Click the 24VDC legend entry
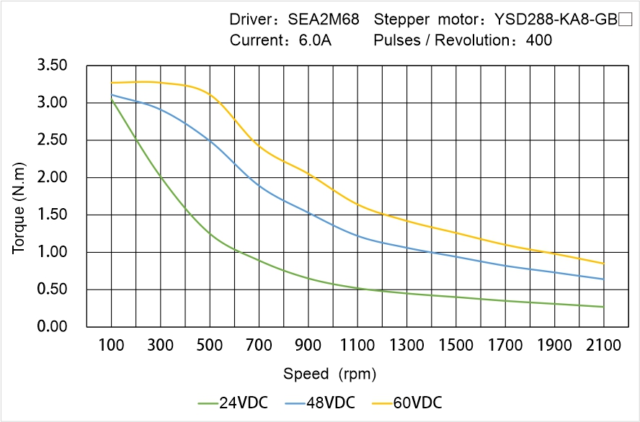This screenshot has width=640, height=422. tap(233, 403)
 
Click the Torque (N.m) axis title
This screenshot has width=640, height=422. tap(19, 196)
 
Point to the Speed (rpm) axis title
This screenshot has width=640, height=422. tap(329, 374)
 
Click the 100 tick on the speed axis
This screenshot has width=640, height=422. tap(111, 346)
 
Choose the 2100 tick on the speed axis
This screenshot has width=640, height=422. tap(603, 346)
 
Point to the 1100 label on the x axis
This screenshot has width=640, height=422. tap(357, 346)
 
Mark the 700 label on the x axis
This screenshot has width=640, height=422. tap(259, 346)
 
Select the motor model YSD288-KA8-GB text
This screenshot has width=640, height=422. tap(552, 20)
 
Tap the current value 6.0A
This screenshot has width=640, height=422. tap(315, 40)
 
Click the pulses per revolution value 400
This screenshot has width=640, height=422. tap(539, 40)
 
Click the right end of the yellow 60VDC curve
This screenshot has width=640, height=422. tap(603, 264)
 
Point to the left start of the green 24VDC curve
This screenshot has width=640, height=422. tap(111, 99)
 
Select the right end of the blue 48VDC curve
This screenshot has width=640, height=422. tap(603, 279)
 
